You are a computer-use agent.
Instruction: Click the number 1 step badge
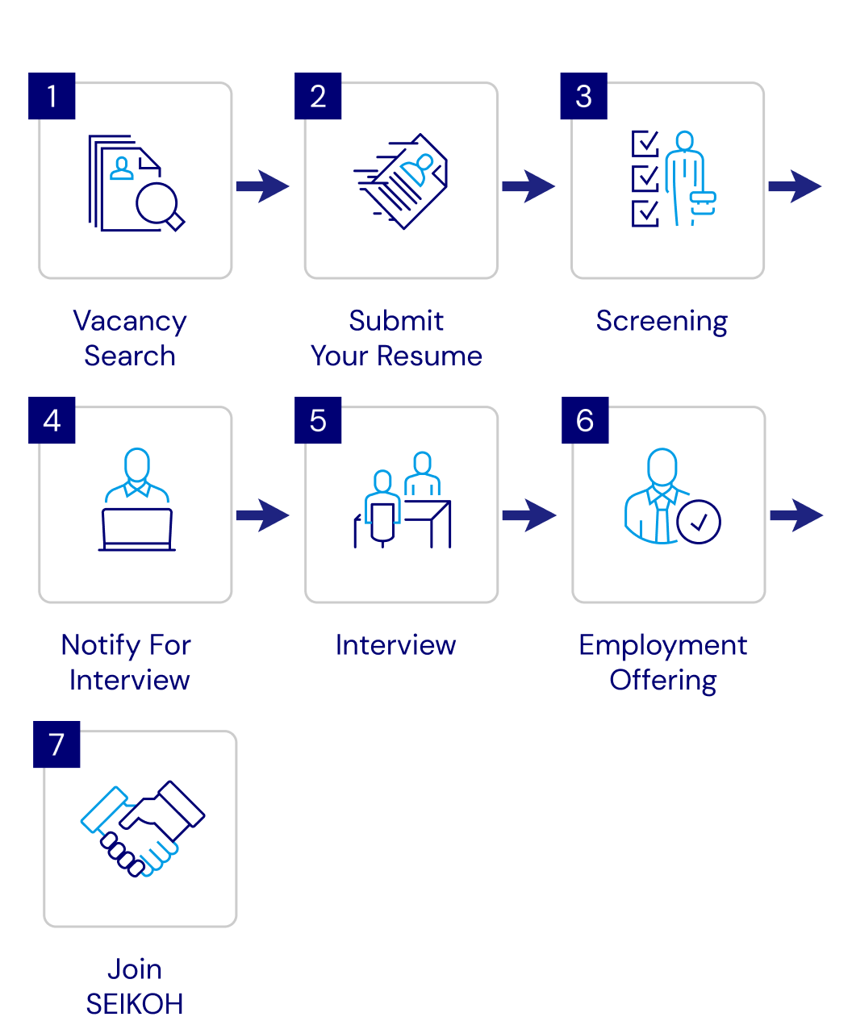[52, 97]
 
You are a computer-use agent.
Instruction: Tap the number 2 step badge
[318, 97]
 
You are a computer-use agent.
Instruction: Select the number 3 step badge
[583, 97]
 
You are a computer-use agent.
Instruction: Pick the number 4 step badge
[52, 420]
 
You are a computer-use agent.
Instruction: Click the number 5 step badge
[318, 420]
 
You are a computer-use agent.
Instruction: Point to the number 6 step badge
[585, 420]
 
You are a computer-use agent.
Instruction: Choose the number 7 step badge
[56, 744]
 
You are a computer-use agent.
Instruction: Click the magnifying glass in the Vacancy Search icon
[158, 203]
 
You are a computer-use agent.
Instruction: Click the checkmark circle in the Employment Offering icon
[699, 523]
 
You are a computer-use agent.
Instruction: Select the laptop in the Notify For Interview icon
[137, 527]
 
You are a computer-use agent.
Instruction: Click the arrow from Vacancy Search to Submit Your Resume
[262, 186]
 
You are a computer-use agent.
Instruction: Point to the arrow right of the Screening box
[795, 186]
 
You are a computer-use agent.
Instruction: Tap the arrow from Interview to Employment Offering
[528, 515]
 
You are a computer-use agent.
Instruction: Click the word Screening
[662, 321]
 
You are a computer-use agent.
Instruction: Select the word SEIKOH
[135, 1004]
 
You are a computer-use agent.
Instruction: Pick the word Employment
[663, 645]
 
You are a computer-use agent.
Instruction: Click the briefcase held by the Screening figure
[703, 201]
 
